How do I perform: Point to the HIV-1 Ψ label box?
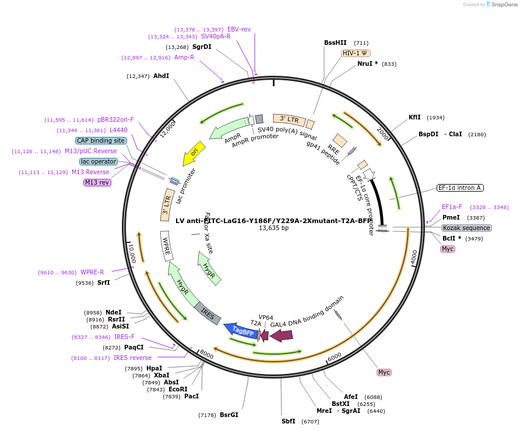tap(354, 53)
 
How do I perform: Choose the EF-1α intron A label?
tap(460, 188)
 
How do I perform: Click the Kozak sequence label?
tap(466, 228)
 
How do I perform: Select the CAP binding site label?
tap(101, 140)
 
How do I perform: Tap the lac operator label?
tap(99, 161)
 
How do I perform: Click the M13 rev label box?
tap(97, 182)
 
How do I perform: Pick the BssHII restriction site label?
tap(335, 43)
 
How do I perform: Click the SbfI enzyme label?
tap(289, 421)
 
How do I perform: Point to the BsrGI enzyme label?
tap(229, 415)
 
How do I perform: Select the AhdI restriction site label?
tap(161, 76)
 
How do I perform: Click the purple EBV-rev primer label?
tap(239, 29)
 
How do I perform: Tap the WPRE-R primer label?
tap(92, 272)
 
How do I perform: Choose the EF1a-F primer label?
tap(452, 207)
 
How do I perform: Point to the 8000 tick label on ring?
tap(206, 354)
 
